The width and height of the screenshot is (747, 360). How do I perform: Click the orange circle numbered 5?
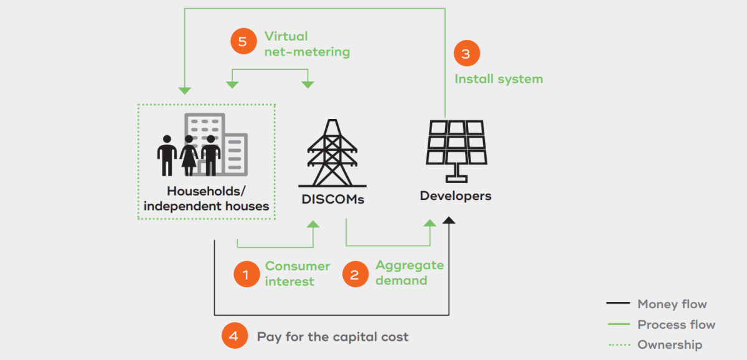coord(243,41)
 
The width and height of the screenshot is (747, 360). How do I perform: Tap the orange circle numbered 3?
coord(466,53)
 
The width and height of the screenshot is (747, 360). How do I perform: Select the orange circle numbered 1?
coord(247,274)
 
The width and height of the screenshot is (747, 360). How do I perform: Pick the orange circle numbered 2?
coord(355,274)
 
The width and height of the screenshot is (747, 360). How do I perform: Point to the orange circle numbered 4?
coord(235,335)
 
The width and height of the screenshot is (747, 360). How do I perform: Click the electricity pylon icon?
coord(332,153)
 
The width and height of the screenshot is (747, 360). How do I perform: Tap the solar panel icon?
coord(456,151)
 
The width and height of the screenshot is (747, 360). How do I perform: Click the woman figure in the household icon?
coord(189,156)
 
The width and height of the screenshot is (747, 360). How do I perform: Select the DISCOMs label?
coord(332,199)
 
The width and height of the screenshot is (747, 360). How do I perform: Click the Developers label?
coord(456,196)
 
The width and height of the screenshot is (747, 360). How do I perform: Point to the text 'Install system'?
coord(499,79)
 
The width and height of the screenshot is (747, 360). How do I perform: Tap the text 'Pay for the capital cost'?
coord(332,337)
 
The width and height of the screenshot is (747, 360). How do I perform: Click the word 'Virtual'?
coord(286,36)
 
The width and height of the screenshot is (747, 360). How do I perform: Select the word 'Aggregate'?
coord(410,265)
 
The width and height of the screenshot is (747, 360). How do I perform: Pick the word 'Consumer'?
coord(298,266)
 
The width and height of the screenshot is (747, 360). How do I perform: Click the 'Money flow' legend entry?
coord(656,304)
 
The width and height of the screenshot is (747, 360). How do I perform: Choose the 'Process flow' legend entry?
coord(661,324)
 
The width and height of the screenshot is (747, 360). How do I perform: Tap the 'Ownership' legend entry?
coord(655,344)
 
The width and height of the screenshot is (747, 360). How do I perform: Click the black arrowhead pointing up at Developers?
coord(449,220)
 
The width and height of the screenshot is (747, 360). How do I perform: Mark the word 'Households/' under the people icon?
coord(206,191)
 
